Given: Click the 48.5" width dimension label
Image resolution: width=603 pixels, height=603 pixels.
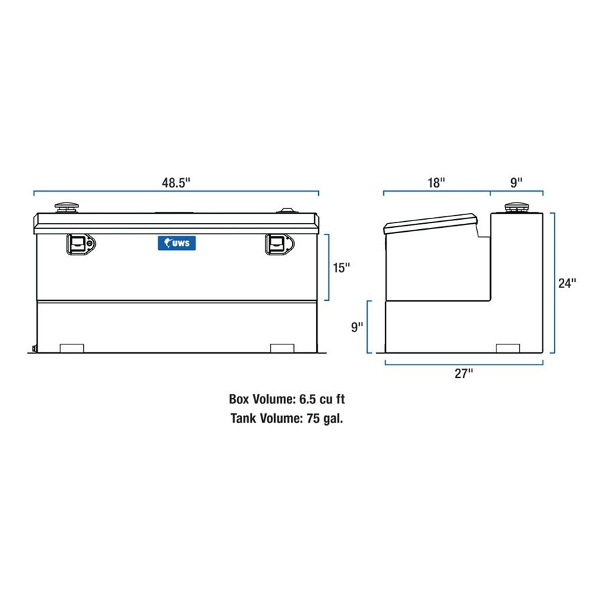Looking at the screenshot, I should pos(176,182).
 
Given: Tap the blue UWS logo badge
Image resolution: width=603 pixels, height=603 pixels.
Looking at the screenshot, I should pos(177,243).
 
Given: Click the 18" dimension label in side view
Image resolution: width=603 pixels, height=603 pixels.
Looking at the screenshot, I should pos(435,182).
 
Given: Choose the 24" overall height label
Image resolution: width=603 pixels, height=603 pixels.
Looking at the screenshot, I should pos(567,283).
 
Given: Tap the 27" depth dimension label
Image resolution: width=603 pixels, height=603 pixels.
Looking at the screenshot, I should pos(464,375).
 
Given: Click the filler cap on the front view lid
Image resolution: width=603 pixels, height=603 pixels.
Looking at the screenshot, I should pos(67,208).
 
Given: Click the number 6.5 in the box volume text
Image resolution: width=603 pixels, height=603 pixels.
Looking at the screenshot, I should pos(307,400).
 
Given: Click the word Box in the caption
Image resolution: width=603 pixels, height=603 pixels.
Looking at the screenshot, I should pos(240,400).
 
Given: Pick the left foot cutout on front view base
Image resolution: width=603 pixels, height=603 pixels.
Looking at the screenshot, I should pos(71,348).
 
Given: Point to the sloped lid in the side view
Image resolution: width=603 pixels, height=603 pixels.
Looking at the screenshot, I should pos(429,223).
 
